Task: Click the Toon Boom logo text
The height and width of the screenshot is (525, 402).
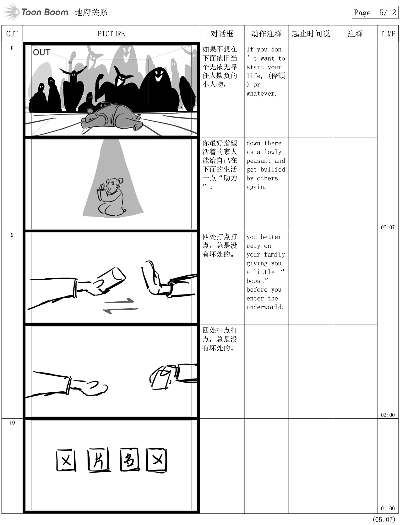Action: (x=45, y=12)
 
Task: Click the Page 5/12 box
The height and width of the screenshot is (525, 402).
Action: (x=375, y=12)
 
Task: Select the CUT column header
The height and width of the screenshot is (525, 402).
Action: (x=12, y=34)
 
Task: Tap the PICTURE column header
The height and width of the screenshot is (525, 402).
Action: (x=111, y=34)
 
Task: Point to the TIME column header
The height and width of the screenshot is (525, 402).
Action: (x=388, y=34)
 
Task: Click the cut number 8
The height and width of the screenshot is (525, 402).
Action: (x=12, y=48)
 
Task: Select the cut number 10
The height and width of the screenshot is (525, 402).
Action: (x=12, y=422)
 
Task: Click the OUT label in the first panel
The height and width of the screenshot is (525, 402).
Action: (x=41, y=52)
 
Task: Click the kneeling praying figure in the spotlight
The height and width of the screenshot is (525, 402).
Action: (x=111, y=197)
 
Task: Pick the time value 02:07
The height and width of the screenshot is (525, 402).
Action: (x=388, y=227)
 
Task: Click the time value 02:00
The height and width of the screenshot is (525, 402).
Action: (x=388, y=415)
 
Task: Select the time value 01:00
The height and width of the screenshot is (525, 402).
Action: (x=388, y=508)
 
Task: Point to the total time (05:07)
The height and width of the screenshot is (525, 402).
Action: (x=384, y=519)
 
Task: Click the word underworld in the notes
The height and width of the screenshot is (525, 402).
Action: (x=265, y=307)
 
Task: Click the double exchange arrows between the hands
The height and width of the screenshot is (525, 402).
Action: (x=120, y=306)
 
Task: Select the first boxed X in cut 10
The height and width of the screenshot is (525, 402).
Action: (x=66, y=460)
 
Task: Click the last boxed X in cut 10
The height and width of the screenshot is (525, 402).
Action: (x=157, y=460)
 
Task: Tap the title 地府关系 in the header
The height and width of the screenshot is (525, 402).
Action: (x=91, y=12)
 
